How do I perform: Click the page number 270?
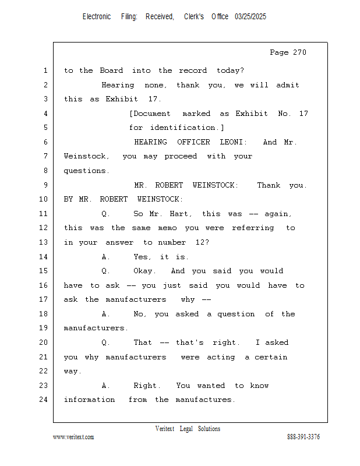pyautogui.click(x=299, y=52)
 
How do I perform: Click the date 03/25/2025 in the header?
pyautogui.click(x=250, y=17)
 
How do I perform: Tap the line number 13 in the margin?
pyautogui.click(x=44, y=242)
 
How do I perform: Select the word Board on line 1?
pyautogui.click(x=111, y=70)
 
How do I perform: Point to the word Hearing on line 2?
pyautogui.click(x=118, y=85)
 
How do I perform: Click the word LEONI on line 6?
pyautogui.click(x=234, y=142)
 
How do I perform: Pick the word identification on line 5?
pyautogui.click(x=182, y=128)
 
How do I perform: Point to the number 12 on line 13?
pyautogui.click(x=202, y=242)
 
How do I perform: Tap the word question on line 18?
pyautogui.click(x=236, y=314)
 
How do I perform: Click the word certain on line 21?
pyautogui.click(x=271, y=357)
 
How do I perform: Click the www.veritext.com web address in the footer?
pyautogui.click(x=73, y=437)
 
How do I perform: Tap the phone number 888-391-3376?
pyautogui.click(x=303, y=437)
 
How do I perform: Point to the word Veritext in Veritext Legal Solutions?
pyautogui.click(x=165, y=429)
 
